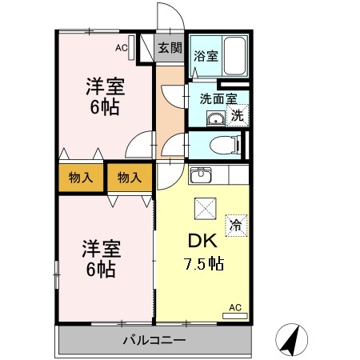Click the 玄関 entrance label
(x=169, y=48)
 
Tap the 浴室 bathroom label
(x=206, y=56)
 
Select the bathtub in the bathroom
(x=234, y=57)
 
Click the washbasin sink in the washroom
(x=215, y=119)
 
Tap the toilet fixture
(x=225, y=146)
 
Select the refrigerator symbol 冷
(x=235, y=225)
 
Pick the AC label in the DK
(x=235, y=307)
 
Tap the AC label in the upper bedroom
(x=121, y=48)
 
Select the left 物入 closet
(x=79, y=178)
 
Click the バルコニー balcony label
(x=154, y=340)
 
